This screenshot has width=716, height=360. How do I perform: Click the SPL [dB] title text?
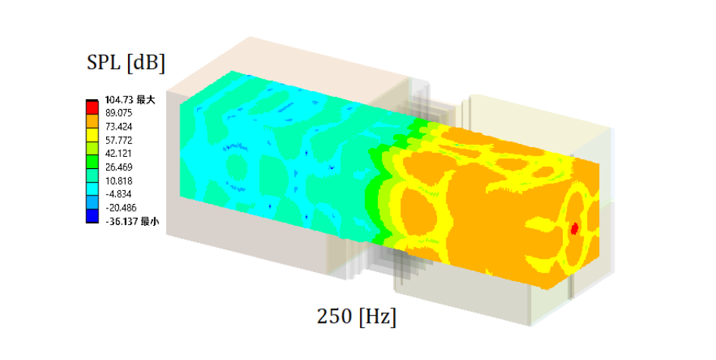pyautogui.click(x=126, y=62)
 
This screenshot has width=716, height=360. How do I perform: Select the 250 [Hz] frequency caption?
pyautogui.click(x=357, y=316)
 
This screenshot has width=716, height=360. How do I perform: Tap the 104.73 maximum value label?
pyautogui.click(x=130, y=99)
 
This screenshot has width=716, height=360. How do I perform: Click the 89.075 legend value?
pyautogui.click(x=119, y=113)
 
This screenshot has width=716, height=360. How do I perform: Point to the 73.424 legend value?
pyautogui.click(x=119, y=127)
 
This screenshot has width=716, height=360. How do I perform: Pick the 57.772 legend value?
pyautogui.click(x=119, y=139)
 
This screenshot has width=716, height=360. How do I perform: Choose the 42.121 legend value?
pyautogui.click(x=119, y=154)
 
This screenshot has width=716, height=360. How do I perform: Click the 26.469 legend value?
pyautogui.click(x=119, y=167)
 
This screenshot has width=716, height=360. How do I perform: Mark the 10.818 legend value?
pyautogui.click(x=119, y=180)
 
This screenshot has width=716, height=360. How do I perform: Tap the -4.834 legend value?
pyautogui.click(x=119, y=194)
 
